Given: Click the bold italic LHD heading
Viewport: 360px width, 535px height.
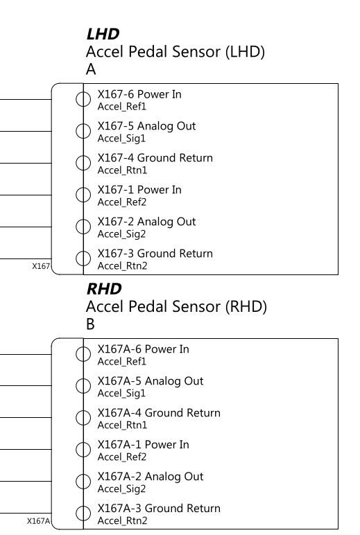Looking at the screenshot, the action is (103, 34).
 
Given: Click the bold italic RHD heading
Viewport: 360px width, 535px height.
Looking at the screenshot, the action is (104, 289).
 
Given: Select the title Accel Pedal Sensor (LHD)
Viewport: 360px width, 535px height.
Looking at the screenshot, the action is (175, 52).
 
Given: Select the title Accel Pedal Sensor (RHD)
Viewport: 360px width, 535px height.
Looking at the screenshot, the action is (176, 307).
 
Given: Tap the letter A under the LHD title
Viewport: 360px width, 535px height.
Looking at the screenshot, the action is (91, 69).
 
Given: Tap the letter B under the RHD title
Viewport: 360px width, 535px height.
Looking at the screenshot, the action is (90, 324).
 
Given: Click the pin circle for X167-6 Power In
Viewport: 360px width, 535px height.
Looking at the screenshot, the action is (83, 99).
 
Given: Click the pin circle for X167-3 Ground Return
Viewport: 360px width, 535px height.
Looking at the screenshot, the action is (83, 258).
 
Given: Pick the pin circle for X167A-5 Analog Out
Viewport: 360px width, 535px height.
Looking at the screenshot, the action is (83, 386).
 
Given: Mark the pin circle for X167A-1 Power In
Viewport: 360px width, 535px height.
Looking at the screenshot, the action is (83, 449).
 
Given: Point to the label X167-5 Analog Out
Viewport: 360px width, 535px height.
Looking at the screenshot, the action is (146, 126).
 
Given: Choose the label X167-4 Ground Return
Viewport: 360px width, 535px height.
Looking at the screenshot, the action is (155, 158).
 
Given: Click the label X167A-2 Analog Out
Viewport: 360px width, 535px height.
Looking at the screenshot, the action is (151, 477).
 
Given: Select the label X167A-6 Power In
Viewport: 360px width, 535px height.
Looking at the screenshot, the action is (143, 349).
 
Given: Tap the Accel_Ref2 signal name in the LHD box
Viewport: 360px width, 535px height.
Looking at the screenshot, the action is (122, 202).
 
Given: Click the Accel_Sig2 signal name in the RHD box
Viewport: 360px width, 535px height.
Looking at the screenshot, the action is (121, 489).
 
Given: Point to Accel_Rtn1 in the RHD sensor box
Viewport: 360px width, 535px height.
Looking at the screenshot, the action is (122, 425).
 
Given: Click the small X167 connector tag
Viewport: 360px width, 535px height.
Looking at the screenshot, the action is (41, 267).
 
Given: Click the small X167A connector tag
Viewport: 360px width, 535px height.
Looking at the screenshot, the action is (39, 521).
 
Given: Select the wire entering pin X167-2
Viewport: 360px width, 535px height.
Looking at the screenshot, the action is (26, 227).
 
